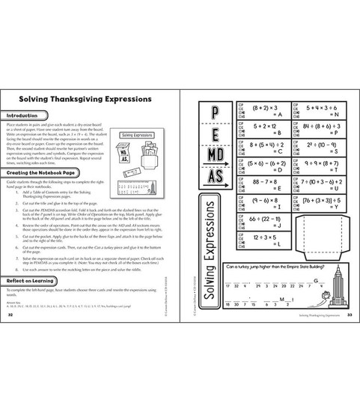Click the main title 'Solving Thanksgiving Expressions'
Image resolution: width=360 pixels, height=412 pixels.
point(77,99)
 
